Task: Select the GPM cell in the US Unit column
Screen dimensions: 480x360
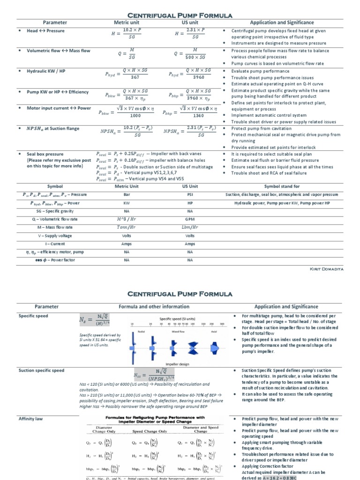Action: [190, 219]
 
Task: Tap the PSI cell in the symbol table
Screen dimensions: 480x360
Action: [190, 195]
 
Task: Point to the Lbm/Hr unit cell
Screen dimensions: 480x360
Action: [190, 227]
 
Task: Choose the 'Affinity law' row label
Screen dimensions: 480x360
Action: [31, 418]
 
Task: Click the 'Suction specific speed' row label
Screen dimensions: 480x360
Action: [41, 370]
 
